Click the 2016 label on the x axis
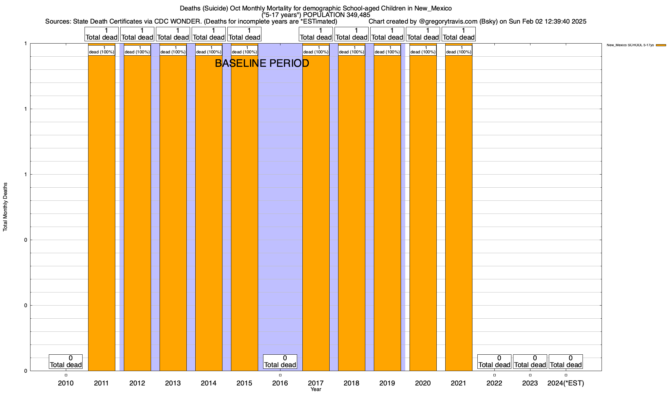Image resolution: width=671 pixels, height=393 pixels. click(x=280, y=383)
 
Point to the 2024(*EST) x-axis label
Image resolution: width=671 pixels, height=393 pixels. click(x=566, y=383)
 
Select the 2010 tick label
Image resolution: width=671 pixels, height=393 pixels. click(x=66, y=383)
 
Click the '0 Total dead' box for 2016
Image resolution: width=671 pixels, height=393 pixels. click(x=280, y=362)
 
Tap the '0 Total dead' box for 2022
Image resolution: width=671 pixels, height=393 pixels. click(x=494, y=362)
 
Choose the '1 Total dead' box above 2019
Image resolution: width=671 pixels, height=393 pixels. click(x=387, y=34)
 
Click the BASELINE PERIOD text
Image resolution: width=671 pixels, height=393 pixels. click(x=262, y=64)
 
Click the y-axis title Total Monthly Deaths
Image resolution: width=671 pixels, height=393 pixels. click(x=5, y=207)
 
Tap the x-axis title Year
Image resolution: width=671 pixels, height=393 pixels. click(x=316, y=389)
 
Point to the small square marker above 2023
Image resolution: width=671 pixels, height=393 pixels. click(x=530, y=375)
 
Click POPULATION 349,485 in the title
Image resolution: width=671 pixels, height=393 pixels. click(x=336, y=15)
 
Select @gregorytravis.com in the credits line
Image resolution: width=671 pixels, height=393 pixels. click(x=448, y=22)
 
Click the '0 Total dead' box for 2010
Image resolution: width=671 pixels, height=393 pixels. click(x=66, y=362)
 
